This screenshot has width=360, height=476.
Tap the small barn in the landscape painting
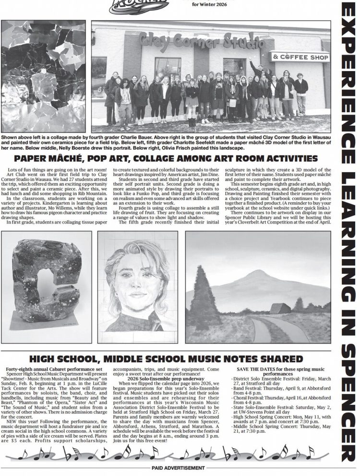coord(280,309)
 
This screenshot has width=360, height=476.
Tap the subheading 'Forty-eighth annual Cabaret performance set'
coord(53,369)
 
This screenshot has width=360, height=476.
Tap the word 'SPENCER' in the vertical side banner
coord(348,405)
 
